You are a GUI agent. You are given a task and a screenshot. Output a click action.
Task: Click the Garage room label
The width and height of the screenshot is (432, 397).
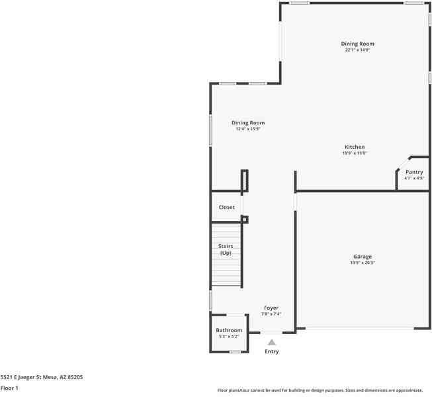click(x=362, y=257)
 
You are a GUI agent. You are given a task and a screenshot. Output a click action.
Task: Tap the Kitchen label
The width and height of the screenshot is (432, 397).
click(x=355, y=147)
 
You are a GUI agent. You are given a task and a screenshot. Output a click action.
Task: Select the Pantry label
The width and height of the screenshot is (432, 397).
click(x=414, y=172)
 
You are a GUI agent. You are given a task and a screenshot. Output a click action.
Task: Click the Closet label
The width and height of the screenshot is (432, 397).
click(x=227, y=207)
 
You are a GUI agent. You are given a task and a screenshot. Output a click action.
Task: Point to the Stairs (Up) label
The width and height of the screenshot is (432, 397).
click(x=226, y=249)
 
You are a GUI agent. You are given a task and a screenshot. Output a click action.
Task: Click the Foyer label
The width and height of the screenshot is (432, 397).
click(x=271, y=308)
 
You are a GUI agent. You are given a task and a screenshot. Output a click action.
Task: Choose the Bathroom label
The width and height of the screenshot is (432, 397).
click(x=229, y=330)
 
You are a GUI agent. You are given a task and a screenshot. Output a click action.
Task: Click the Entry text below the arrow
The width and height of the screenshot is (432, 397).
click(x=271, y=351)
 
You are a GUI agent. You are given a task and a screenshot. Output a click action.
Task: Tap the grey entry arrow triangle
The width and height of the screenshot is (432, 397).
click(x=271, y=342)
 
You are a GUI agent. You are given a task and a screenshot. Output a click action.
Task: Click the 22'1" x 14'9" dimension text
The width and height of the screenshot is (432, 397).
click(x=357, y=50)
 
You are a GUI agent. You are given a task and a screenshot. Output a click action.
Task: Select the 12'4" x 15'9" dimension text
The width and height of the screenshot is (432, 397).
click(x=248, y=129)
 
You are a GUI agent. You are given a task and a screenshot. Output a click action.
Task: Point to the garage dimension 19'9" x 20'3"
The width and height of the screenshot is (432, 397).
click(x=363, y=263)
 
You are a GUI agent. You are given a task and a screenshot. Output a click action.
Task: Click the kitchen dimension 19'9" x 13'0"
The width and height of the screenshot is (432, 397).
click(x=355, y=153)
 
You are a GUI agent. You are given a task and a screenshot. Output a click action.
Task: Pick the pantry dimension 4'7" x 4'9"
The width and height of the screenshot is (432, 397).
click(x=414, y=177)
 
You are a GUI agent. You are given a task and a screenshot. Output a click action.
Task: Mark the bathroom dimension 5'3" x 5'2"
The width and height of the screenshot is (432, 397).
click(x=229, y=336)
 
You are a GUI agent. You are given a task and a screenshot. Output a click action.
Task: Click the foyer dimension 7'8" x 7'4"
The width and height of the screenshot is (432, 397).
click(x=271, y=314)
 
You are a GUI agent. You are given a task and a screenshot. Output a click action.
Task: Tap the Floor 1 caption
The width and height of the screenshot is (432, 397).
click(x=9, y=388)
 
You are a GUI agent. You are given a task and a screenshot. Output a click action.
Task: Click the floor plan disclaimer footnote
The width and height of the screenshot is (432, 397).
click(x=320, y=390)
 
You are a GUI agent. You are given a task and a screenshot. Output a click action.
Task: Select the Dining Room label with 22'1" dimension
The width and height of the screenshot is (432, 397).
click(x=357, y=44)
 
